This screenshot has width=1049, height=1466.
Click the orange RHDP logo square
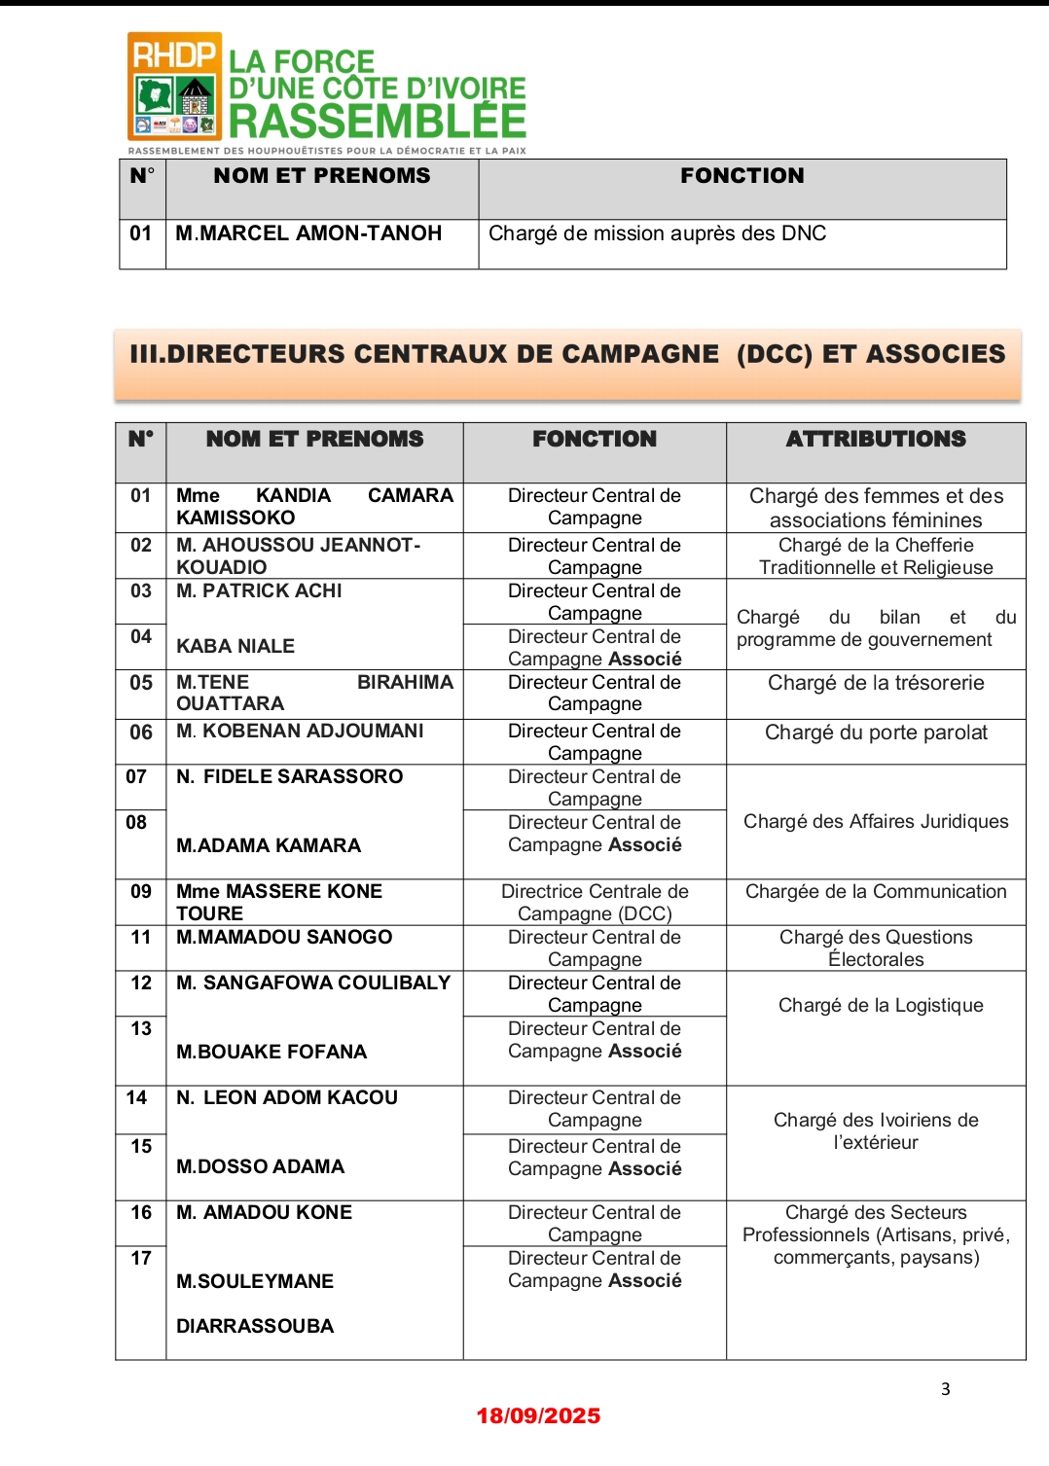pos(175,87)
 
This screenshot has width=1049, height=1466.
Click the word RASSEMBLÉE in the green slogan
pos(378,122)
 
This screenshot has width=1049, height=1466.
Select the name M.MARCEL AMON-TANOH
pos(308,233)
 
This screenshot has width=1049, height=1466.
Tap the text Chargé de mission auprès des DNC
pos(657,233)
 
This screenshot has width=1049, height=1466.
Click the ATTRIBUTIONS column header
pos(876,440)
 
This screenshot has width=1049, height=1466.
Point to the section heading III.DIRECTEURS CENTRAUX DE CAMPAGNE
pos(424,354)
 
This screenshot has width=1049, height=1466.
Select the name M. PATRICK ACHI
pos(259,591)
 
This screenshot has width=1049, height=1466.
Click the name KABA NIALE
pos(235,646)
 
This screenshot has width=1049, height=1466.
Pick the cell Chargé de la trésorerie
pos(876,683)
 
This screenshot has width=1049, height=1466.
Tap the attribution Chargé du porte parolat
pos(876,733)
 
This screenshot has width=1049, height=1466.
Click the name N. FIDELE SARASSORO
pos(289,776)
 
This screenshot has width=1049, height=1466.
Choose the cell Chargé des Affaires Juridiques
pos(876,822)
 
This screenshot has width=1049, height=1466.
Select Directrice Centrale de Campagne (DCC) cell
pos(595,903)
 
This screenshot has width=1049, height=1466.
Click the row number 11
pos(141,938)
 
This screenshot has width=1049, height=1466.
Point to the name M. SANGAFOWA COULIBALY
pos(313,983)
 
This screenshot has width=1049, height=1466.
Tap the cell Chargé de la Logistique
pos(881,1006)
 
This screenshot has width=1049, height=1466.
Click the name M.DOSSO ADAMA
pos(260,1166)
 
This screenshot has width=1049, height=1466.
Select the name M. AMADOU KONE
pos(264,1213)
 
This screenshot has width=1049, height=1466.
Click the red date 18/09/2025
pos(538,1416)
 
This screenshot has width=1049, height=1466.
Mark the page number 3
pos(945,1389)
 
